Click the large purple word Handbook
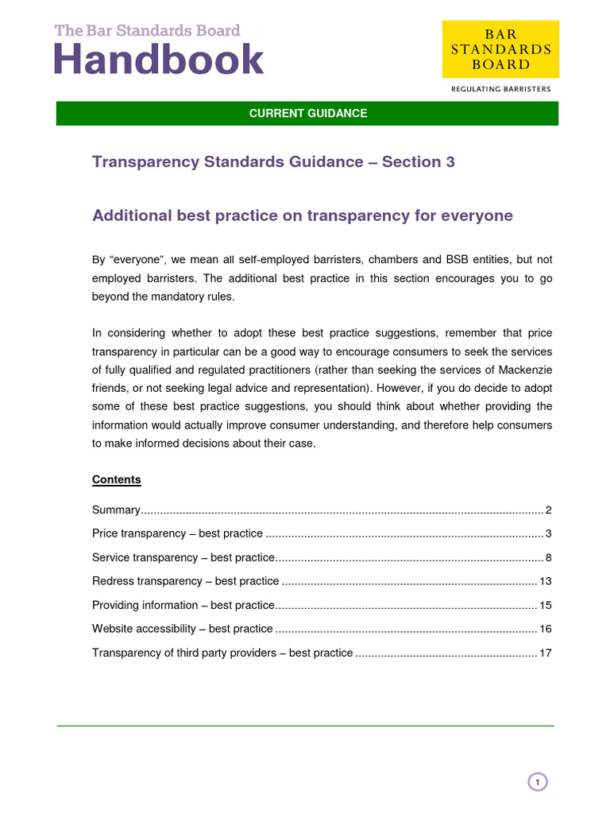click(159, 60)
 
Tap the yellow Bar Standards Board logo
click(500, 49)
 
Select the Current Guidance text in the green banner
click(307, 114)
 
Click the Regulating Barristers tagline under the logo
click(500, 89)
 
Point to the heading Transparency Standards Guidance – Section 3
click(273, 162)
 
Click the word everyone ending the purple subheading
click(480, 215)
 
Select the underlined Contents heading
click(117, 479)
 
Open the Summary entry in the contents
click(117, 510)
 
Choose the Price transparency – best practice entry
click(177, 533)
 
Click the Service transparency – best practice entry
click(183, 557)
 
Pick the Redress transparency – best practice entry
click(185, 581)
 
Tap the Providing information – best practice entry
click(183, 605)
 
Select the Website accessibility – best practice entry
click(182, 629)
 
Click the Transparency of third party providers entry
click(222, 653)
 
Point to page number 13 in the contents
click(545, 581)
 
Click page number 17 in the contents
click(545, 653)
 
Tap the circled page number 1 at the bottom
click(538, 783)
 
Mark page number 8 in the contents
click(548, 557)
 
